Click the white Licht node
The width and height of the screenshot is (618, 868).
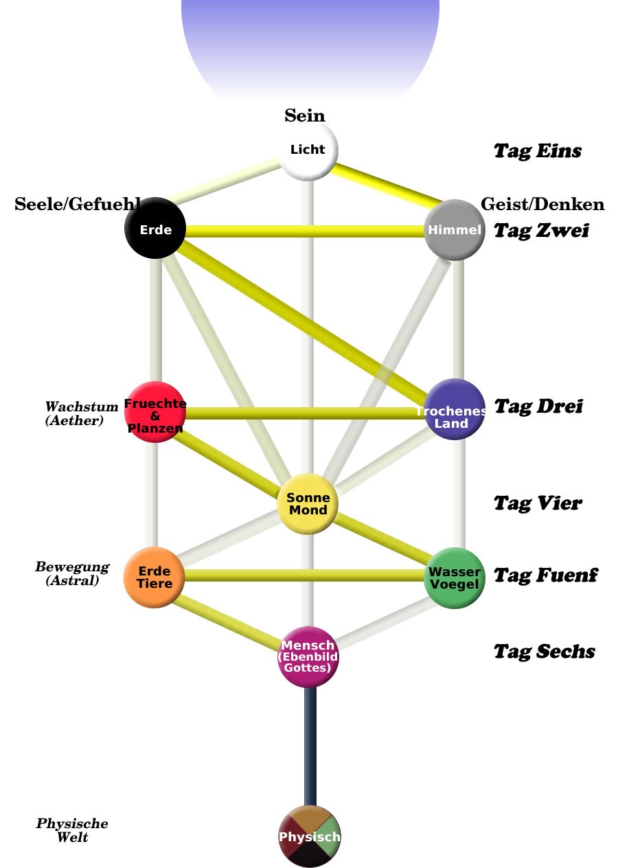pos(308,150)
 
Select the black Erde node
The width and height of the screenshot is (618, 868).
pos(155,229)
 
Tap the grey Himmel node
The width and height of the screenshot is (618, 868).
pos(455,229)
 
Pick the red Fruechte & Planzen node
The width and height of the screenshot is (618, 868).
pos(155,412)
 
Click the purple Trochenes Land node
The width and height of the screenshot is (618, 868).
pos(454,409)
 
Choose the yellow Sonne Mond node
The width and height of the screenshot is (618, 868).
pos(308,503)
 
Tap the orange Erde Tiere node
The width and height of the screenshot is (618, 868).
pos(154,578)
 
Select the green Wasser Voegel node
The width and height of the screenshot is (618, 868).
pos(455,578)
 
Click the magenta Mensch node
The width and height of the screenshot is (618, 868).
pos(309,656)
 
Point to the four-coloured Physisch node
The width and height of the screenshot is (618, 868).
pos(310,836)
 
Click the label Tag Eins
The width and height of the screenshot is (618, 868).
pos(538,151)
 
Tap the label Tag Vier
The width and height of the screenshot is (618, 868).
pos(538,503)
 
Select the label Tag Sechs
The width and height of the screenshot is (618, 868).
pos(544,651)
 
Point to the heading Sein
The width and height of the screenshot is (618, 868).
pos(305,115)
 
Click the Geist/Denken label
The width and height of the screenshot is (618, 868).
pos(542,204)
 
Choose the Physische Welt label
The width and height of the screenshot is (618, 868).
pos(72,830)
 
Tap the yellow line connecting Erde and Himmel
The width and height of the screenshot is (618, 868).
pos(306,231)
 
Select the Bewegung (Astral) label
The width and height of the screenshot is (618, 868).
pos(72,573)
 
